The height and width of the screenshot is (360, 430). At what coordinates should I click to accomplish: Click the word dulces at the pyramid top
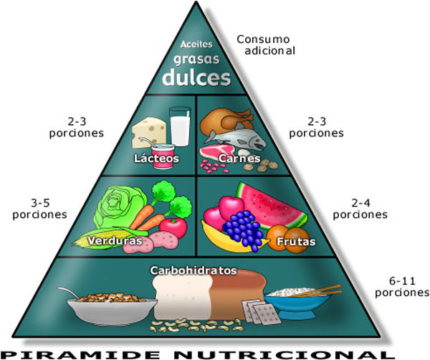tap(196, 77)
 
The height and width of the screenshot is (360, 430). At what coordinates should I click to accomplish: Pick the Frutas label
tap(290, 242)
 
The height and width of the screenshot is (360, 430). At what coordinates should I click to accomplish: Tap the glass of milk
tap(179, 125)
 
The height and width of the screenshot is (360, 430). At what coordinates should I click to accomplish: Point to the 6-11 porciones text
tap(402, 286)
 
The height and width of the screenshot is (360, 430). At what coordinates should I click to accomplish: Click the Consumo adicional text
tap(266, 45)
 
